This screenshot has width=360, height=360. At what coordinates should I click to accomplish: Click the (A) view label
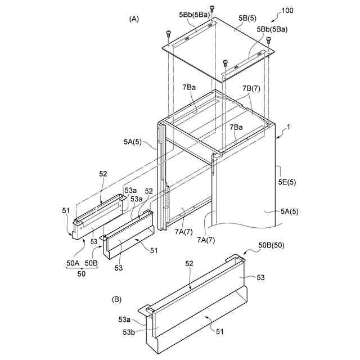point(133,19)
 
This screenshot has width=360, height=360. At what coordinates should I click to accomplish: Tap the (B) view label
point(117,299)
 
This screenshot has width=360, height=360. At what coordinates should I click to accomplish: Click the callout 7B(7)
point(251,89)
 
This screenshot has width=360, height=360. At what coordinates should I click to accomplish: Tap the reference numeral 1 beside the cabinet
point(289,128)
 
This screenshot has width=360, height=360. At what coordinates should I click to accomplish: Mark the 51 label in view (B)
point(219,332)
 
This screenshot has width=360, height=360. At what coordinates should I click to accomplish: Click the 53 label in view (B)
point(260,278)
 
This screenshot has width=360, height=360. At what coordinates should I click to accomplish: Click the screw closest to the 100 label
point(268,40)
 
